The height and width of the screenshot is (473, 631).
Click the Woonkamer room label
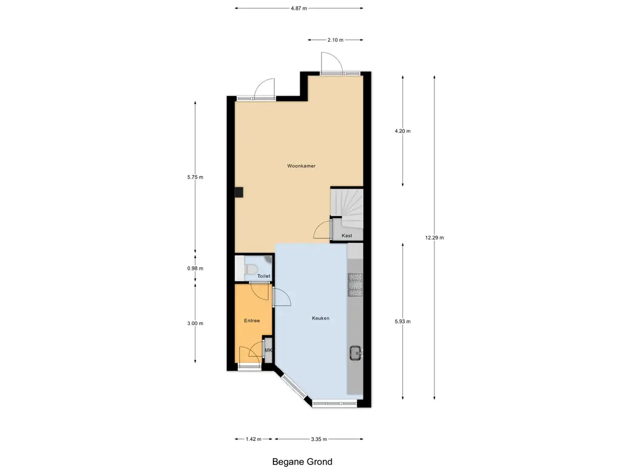301,166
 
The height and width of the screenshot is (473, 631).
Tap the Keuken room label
320,318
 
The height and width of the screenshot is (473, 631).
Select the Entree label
252,320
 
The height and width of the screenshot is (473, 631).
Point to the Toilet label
264,276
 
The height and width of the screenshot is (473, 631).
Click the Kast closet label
346,236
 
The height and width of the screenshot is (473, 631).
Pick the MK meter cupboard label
268,350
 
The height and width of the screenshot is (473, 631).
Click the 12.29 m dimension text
434,238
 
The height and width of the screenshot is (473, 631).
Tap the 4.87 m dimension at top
299,8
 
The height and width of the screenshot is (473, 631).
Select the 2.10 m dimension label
335,40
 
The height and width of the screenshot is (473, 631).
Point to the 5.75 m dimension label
195,177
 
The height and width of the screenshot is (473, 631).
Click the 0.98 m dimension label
195,269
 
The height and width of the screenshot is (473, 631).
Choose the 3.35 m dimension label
319,439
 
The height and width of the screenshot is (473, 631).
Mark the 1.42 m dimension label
253,439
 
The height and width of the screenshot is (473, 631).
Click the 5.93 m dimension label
402,321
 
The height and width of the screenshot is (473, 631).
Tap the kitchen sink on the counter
356,353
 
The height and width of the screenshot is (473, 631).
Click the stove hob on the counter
355,285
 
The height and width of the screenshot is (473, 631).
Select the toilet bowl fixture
250,269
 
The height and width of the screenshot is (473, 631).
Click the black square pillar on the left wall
239,192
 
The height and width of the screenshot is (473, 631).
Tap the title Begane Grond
302,462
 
